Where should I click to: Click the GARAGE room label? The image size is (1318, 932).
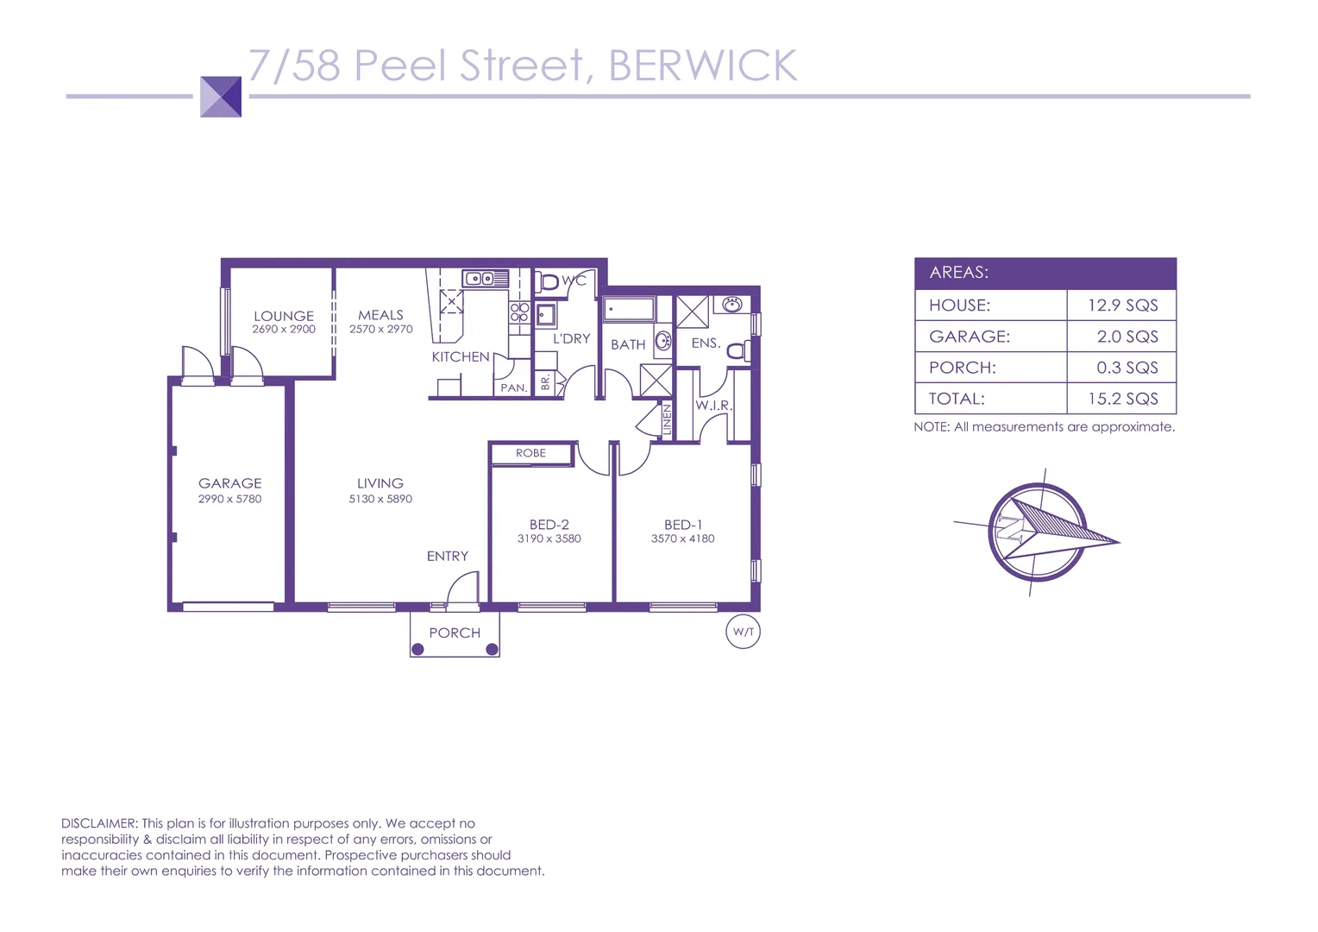click(229, 483)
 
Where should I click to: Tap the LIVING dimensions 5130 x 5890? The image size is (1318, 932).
click(380, 499)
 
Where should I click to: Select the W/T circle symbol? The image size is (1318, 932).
click(743, 632)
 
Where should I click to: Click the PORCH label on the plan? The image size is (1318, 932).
click(455, 633)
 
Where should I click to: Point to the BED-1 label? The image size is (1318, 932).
click(683, 525)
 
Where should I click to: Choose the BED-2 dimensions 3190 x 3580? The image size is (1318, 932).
click(549, 538)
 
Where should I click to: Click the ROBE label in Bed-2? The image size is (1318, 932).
click(530, 453)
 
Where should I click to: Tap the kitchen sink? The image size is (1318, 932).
click(485, 278)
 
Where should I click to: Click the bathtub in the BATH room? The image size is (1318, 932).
click(629, 308)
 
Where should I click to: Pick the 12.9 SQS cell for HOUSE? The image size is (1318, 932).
click(1122, 305)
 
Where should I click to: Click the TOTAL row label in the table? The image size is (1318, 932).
click(957, 399)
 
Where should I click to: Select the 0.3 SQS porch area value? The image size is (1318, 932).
click(1127, 368)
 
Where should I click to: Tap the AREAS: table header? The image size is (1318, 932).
click(959, 273)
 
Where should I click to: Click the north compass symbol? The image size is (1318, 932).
click(1038, 532)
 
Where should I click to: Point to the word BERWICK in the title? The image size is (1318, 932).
click(703, 66)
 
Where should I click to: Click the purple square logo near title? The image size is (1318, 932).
click(221, 97)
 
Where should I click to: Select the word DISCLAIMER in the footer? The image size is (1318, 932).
click(99, 823)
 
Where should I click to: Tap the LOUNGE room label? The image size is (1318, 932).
click(284, 316)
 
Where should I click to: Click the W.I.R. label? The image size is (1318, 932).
click(713, 405)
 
